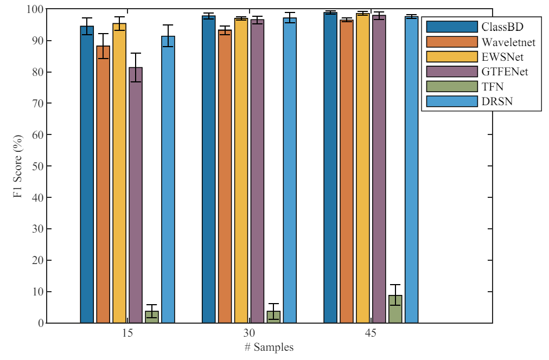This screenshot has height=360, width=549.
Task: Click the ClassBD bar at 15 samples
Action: (87, 173)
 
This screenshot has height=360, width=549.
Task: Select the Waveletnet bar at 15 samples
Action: (103, 184)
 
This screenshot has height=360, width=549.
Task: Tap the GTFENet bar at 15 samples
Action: (136, 195)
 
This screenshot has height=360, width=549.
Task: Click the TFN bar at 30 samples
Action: (273, 317)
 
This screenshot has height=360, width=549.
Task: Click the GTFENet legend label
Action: (505, 71)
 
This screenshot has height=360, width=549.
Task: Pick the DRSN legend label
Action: (495, 100)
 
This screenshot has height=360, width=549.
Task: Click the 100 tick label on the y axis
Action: (35, 9)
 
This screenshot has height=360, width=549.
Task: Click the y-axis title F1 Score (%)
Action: (18, 166)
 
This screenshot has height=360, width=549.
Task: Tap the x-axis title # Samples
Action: (269, 348)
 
